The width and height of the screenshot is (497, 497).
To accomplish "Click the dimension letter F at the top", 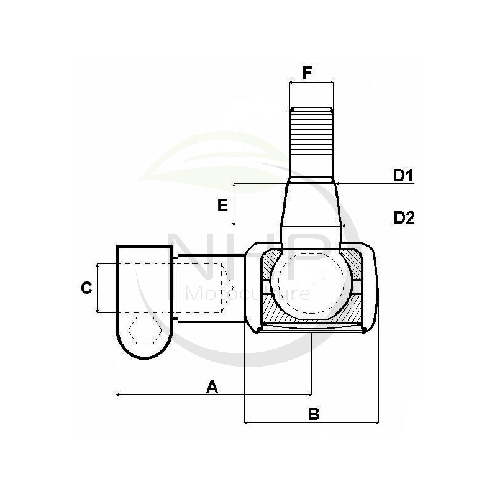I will (307, 73).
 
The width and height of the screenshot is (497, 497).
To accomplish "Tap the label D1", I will (404, 176).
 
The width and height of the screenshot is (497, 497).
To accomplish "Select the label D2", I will (404, 217).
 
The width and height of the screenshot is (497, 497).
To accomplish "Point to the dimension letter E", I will (223, 206).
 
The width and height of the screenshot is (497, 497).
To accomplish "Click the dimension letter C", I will (87, 288).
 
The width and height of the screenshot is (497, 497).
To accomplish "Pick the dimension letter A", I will (212, 386).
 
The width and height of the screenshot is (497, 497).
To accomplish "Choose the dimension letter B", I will (314, 414).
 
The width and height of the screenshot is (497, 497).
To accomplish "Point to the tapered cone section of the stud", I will (311, 205).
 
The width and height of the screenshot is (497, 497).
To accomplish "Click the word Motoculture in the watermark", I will (248, 293).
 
